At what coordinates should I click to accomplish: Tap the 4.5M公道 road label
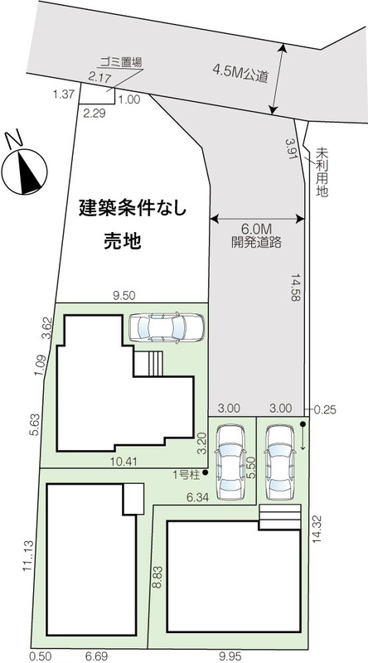pos(240,73)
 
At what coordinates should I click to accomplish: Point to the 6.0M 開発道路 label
pos(256,236)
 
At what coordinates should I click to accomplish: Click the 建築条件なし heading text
pos(133,209)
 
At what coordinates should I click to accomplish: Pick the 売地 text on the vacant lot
pos(122,241)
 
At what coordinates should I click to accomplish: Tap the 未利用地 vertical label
pos(322,172)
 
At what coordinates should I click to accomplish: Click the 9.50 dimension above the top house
pos(124,297)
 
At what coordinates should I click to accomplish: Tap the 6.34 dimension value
pos(198,498)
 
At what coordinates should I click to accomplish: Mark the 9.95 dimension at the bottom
pos(230,656)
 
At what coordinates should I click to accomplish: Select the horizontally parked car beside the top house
pos(166,327)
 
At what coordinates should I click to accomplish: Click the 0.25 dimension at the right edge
pos(326,409)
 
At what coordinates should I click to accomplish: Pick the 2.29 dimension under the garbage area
pos(94,113)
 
